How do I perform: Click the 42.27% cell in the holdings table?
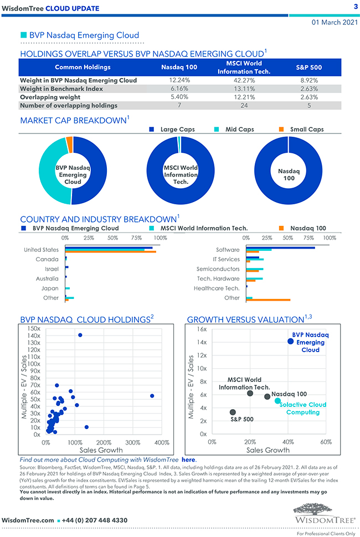pyautogui.click(x=239, y=80)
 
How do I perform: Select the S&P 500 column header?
pyautogui.click(x=306, y=67)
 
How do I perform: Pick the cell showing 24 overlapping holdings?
pyautogui.click(x=239, y=105)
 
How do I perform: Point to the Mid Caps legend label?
pyautogui.click(x=239, y=130)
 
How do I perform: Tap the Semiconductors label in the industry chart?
pyautogui.click(x=218, y=269)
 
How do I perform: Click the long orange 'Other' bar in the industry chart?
pyautogui.click(x=268, y=300)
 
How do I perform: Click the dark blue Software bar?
pyautogui.click(x=280, y=248)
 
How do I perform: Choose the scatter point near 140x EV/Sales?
pyautogui.click(x=80, y=335)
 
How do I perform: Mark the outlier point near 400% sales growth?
pyautogui.click(x=152, y=396)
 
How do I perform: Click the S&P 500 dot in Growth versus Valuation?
pyautogui.click(x=233, y=412)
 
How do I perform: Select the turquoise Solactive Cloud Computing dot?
pyautogui.click(x=277, y=401)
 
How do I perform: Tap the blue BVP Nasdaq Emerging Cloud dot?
pyautogui.click(x=291, y=341)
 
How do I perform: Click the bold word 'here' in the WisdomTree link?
pyautogui.click(x=188, y=459)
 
